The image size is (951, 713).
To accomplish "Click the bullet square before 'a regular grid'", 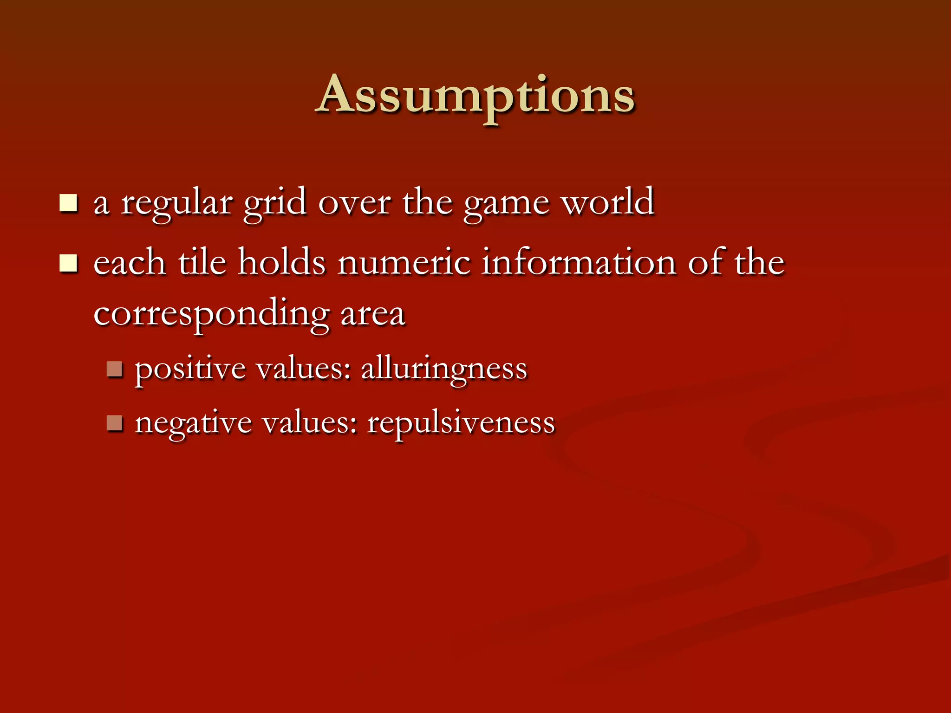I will pos(68,203).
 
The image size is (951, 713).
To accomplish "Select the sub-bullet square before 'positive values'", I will pos(114,369).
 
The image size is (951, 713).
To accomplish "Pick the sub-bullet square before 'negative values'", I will pos(114,423).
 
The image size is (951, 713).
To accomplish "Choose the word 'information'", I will pos(579,263).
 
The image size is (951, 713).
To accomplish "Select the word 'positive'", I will pos(190,369).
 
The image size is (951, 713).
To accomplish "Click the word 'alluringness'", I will pos(444,369).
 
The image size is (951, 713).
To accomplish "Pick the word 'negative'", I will pos(193,423).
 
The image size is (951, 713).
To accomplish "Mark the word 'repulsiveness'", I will pos(461,423).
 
